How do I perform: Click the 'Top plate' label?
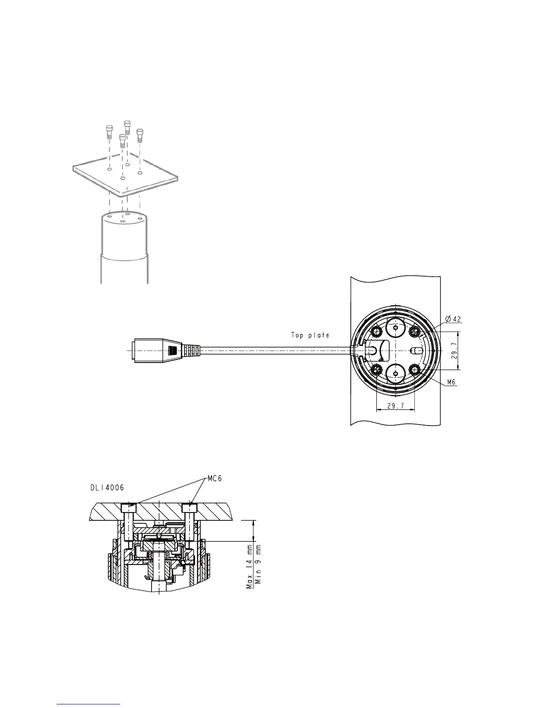point(310,335)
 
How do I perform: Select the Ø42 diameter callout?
point(453,319)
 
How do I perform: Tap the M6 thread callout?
point(451,383)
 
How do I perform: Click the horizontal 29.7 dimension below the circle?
point(396,406)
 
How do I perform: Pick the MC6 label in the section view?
point(214,478)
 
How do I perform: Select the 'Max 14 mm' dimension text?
point(250,569)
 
